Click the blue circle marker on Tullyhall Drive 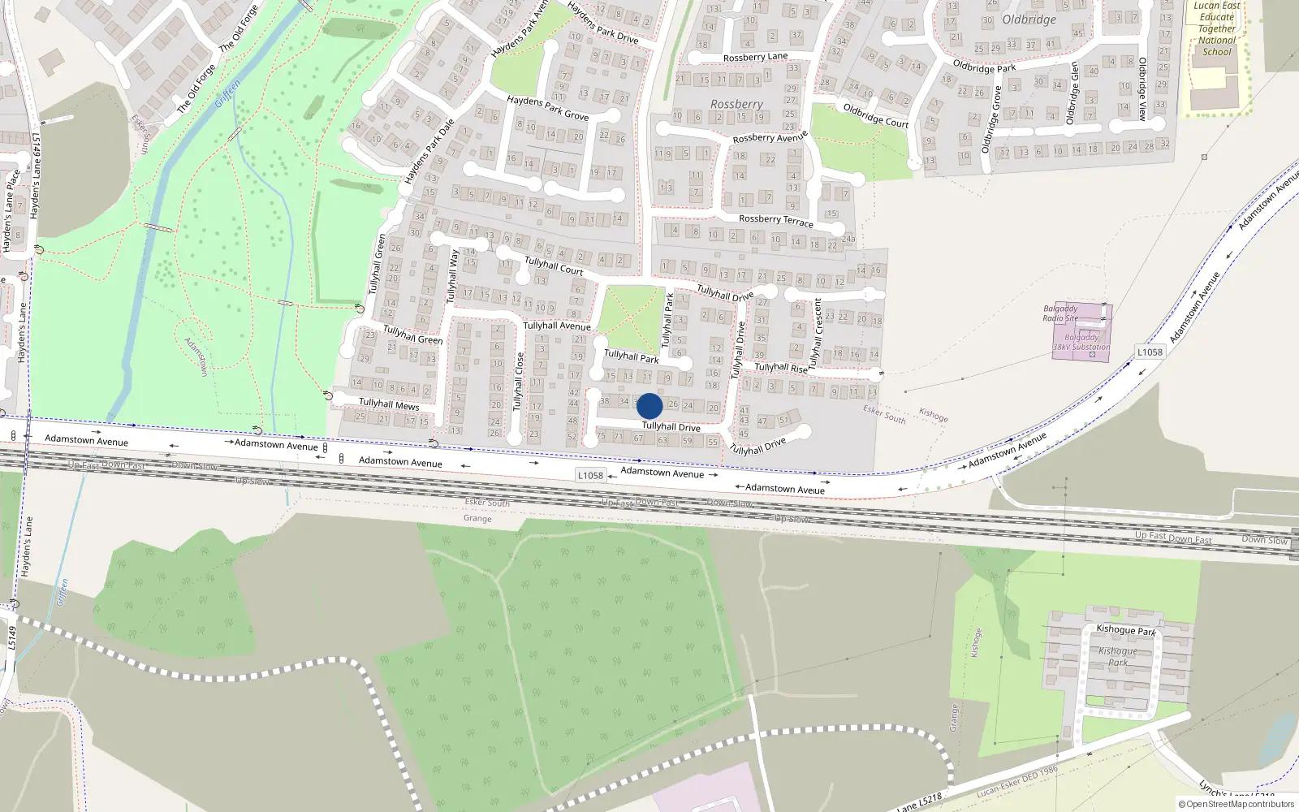click(649, 406)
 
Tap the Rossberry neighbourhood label click(736, 104)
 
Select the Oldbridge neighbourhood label click(1029, 19)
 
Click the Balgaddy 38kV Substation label click(1081, 342)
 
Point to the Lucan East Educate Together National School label click(1217, 28)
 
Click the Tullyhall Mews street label click(389, 404)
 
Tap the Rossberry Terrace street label click(775, 219)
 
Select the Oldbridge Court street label click(875, 115)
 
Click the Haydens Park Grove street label click(547, 107)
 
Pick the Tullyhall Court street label click(554, 266)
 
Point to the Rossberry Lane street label click(755, 57)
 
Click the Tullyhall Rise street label click(781, 368)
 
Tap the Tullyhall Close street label click(519, 382)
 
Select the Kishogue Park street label click(1125, 629)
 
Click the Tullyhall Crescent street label click(816, 333)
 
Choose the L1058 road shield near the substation click(1150, 352)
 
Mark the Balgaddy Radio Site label click(1060, 313)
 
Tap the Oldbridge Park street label click(984, 67)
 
